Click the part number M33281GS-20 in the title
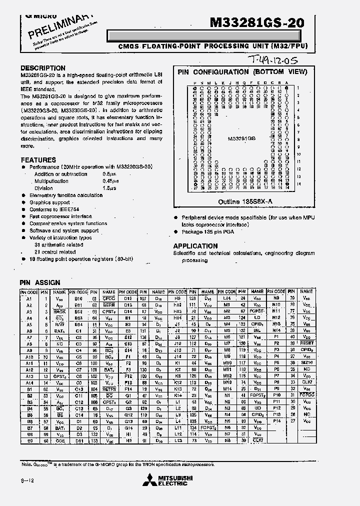[x=256, y=22]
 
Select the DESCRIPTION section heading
[x=43, y=68]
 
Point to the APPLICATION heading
[x=195, y=246]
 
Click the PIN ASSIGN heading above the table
[x=39, y=282]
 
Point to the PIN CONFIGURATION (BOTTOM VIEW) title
[x=242, y=72]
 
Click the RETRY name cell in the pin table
[x=108, y=388]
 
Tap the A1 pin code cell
[x=29, y=298]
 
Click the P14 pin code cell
[x=276, y=421]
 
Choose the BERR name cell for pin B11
[x=108, y=305]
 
